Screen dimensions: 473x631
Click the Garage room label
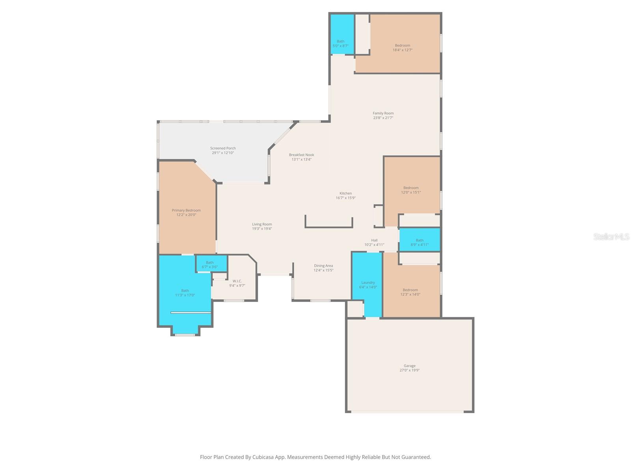[x=409, y=366]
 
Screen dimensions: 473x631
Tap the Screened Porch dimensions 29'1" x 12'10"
[x=223, y=153]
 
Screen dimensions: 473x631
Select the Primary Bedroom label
[x=186, y=210]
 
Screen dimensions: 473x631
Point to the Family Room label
[x=383, y=113]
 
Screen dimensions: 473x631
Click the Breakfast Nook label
[x=301, y=155]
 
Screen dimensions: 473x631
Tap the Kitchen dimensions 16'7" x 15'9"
[x=345, y=198]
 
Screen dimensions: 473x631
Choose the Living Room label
[x=262, y=224]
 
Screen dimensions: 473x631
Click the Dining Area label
[x=323, y=266]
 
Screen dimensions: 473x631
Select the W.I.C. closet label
[x=237, y=281]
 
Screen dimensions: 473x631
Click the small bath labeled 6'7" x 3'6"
[x=210, y=264]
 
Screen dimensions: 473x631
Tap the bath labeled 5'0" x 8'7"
[x=340, y=43]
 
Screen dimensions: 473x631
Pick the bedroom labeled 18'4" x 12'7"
[x=402, y=48]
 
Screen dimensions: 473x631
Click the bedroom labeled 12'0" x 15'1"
[x=411, y=190]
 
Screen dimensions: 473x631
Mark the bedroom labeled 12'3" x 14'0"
[x=410, y=292]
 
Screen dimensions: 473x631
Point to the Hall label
[x=374, y=240]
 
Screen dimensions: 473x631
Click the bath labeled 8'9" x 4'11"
[x=420, y=242]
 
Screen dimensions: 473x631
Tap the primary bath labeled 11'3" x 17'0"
[x=185, y=292]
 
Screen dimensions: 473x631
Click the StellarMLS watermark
[x=611, y=237]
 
